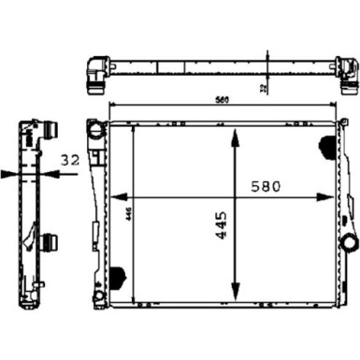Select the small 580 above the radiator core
tap(220, 101)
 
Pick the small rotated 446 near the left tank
tap(127, 214)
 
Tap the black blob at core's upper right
tap(326, 147)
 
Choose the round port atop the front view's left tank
tap(94, 126)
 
